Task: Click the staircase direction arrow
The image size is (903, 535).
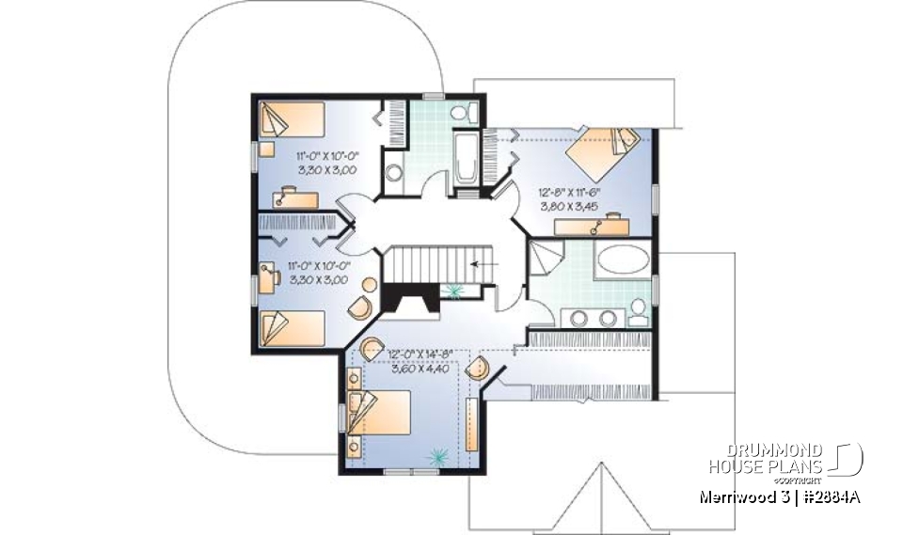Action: tap(482, 264)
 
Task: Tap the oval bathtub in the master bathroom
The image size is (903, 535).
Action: tap(622, 259)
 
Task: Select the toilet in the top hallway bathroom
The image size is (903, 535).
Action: tap(460, 113)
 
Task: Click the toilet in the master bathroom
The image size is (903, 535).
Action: tap(638, 309)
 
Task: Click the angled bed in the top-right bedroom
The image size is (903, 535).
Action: tap(604, 153)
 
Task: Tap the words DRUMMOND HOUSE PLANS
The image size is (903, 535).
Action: tap(767, 457)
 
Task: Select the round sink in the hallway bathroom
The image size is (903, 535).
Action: tap(396, 172)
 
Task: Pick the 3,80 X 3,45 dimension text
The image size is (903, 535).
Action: tap(568, 204)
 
